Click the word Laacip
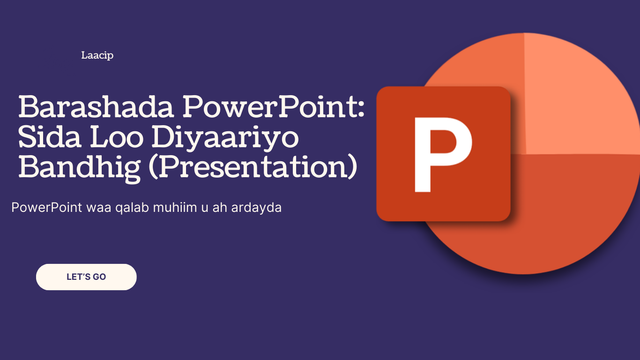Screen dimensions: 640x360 click(97, 55)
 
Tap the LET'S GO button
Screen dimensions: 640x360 click(86, 277)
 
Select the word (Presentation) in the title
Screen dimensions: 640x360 click(253, 168)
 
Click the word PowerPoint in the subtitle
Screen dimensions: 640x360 click(47, 207)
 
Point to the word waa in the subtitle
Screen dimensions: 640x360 click(99, 209)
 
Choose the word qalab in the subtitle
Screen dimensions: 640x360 click(132, 208)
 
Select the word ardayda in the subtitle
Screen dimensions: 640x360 click(256, 208)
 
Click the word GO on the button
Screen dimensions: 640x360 click(99, 277)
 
